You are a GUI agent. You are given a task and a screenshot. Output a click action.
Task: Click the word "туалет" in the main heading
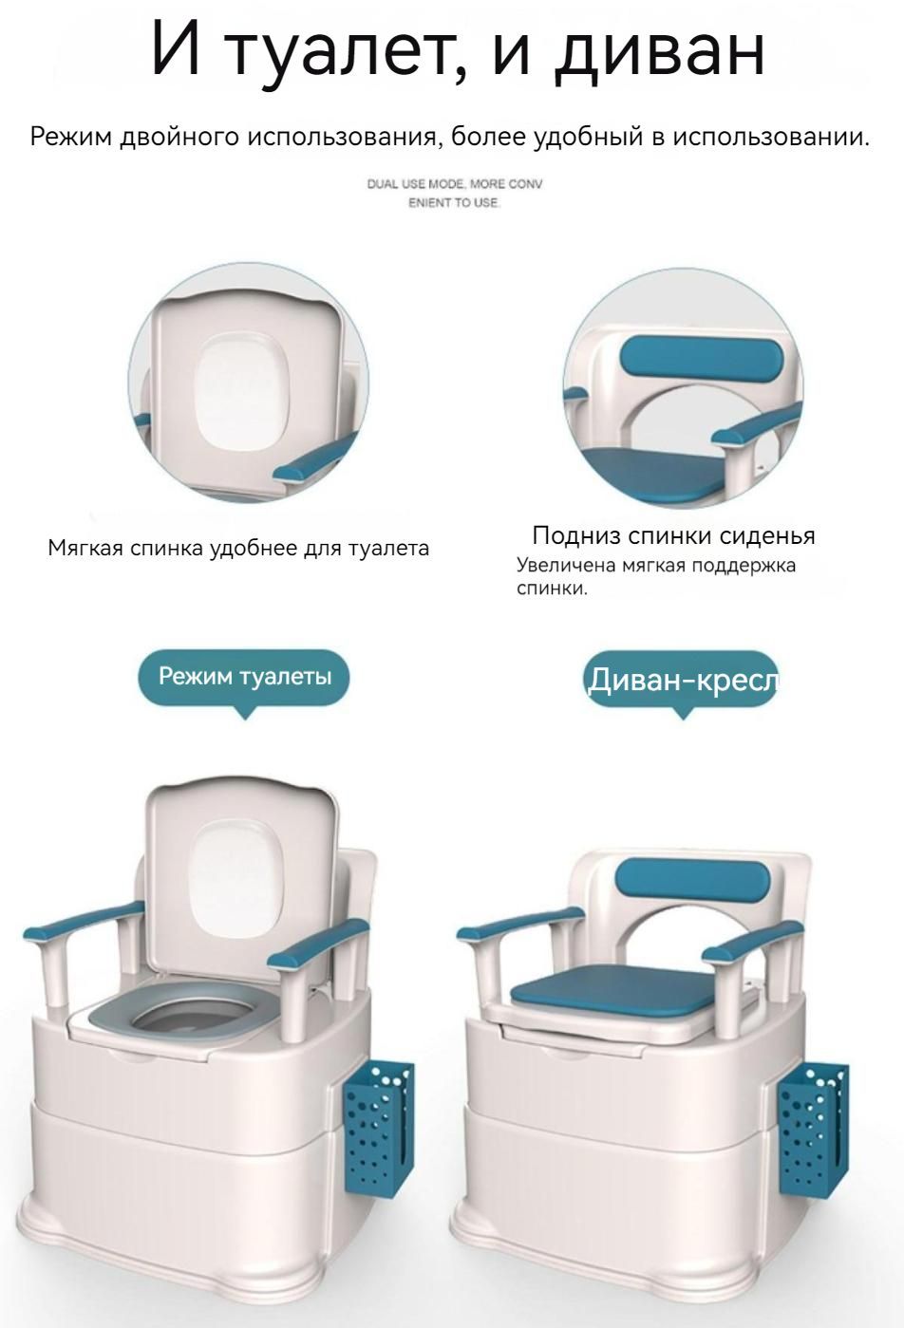[x=347, y=53]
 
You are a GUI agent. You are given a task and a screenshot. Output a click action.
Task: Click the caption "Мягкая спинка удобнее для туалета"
[x=237, y=549]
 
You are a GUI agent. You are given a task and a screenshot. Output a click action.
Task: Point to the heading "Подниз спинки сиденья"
[x=673, y=535]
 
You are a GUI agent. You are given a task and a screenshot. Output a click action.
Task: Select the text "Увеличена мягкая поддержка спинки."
[x=655, y=576]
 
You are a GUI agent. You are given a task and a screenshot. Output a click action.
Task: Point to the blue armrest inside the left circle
[x=314, y=457]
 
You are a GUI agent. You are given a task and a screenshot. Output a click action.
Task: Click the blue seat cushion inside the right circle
[x=652, y=473]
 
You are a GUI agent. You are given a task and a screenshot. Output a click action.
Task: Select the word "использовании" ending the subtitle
[x=771, y=138]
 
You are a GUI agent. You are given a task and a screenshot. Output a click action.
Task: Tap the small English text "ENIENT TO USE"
[x=454, y=203]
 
